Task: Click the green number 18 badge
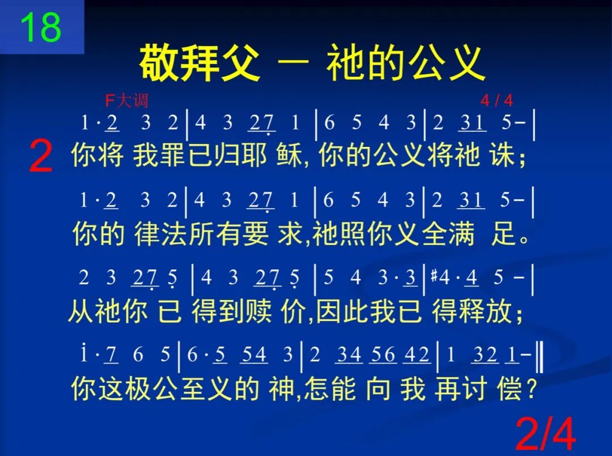(40, 27)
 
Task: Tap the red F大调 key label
(126, 101)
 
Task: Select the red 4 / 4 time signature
(496, 101)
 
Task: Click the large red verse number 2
(40, 158)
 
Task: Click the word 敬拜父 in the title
(199, 62)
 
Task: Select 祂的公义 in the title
(406, 62)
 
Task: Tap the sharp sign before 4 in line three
(435, 277)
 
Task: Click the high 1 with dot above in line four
(84, 354)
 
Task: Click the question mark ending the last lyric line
(531, 390)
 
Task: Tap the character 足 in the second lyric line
(503, 234)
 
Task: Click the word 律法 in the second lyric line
(159, 234)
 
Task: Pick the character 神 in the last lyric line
(281, 390)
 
